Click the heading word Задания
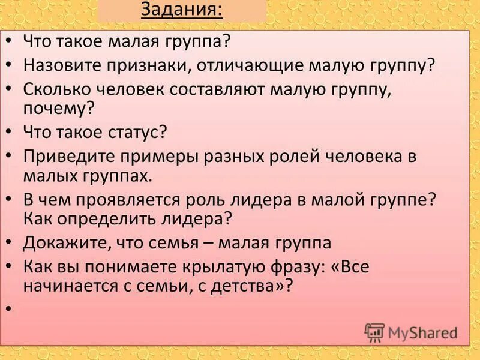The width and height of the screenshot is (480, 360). coord(181,11)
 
